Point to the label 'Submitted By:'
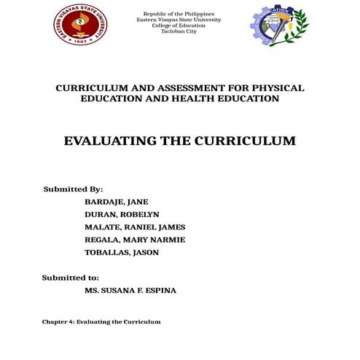point(73,189)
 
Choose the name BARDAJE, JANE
point(117,202)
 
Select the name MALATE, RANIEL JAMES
point(135,227)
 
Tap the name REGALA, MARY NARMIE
point(135,240)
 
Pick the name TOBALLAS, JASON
point(122,252)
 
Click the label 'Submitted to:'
point(70,278)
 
